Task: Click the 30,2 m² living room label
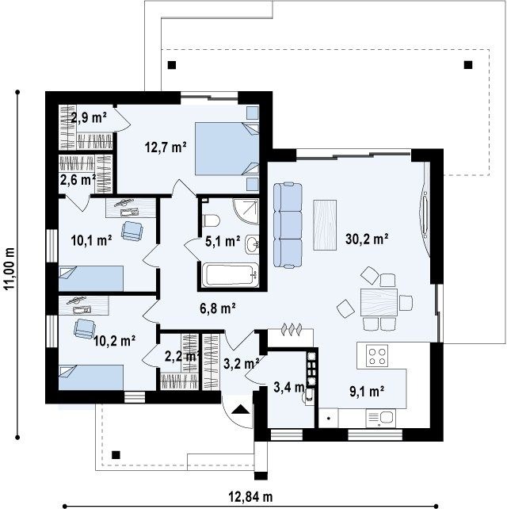point(367,239)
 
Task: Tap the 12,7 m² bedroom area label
point(166,147)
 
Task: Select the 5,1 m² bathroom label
point(223,241)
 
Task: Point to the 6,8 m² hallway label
point(217,308)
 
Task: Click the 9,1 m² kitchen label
point(367,392)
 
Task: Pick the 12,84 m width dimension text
point(250,496)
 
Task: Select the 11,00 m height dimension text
point(10,269)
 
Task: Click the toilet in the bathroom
point(211,221)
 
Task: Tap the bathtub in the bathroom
point(231,275)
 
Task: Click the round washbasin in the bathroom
point(252,244)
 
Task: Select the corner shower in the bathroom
point(246,212)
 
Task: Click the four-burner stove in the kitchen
point(377,356)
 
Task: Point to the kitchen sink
point(380,418)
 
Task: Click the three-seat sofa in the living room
point(288,225)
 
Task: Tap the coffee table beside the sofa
point(325,225)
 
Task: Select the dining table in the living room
point(379,302)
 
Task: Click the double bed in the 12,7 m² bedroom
point(227,148)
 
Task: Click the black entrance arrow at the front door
point(240,409)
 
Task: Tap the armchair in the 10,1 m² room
point(132,231)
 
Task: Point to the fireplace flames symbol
point(292,329)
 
